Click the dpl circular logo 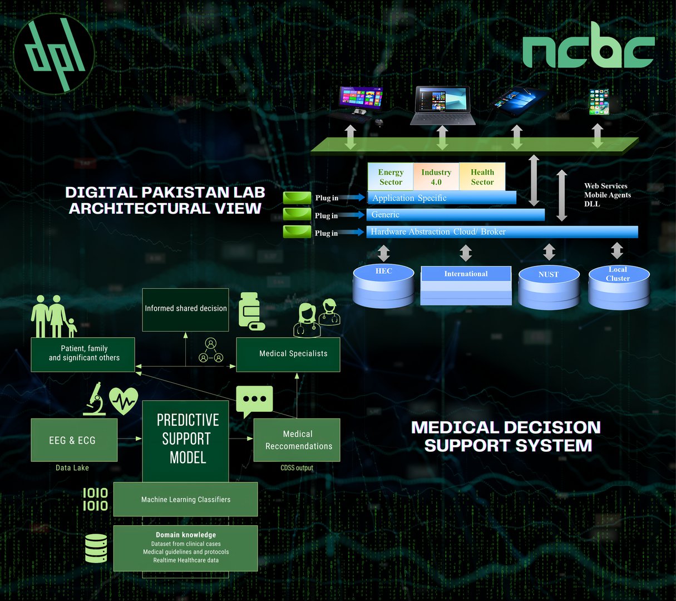(54, 54)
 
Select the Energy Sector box (391, 177)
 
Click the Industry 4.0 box (436, 177)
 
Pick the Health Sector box (482, 177)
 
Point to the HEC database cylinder (383, 286)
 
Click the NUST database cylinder (549, 288)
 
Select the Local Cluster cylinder (619, 287)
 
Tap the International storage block (466, 285)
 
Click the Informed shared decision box (185, 308)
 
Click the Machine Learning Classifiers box (185, 499)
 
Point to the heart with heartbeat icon (124, 400)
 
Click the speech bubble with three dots (254, 400)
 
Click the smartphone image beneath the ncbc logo (599, 102)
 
